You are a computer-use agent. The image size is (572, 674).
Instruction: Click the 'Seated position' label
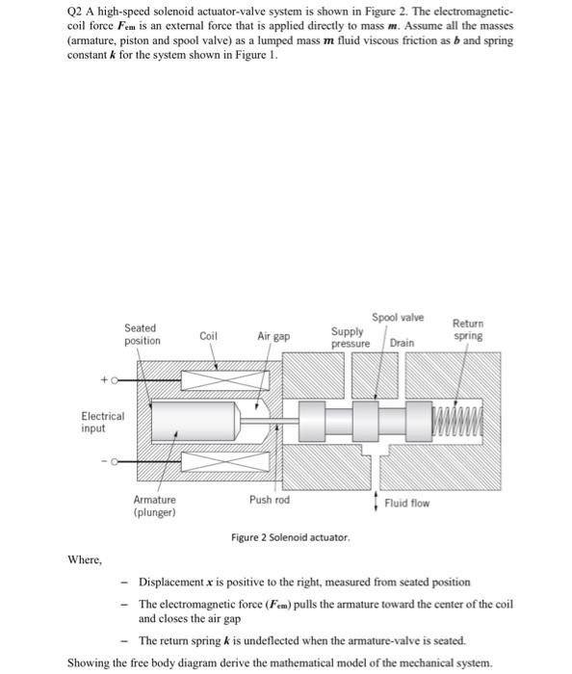(142, 335)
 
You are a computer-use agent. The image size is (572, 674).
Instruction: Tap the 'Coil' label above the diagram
(208, 336)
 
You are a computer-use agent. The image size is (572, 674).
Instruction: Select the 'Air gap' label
(273, 336)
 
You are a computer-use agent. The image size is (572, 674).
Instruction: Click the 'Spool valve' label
(397, 318)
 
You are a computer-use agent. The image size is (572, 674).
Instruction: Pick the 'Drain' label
(403, 343)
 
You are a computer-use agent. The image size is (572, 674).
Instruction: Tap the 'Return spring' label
(468, 329)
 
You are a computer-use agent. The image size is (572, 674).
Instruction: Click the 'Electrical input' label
(102, 422)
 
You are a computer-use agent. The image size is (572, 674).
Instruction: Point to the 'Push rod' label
(269, 500)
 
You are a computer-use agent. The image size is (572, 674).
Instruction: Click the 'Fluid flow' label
(406, 503)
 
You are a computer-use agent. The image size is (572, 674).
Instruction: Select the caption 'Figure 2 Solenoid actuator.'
(290, 536)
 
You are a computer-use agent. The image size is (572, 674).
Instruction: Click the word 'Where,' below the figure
(85, 559)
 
